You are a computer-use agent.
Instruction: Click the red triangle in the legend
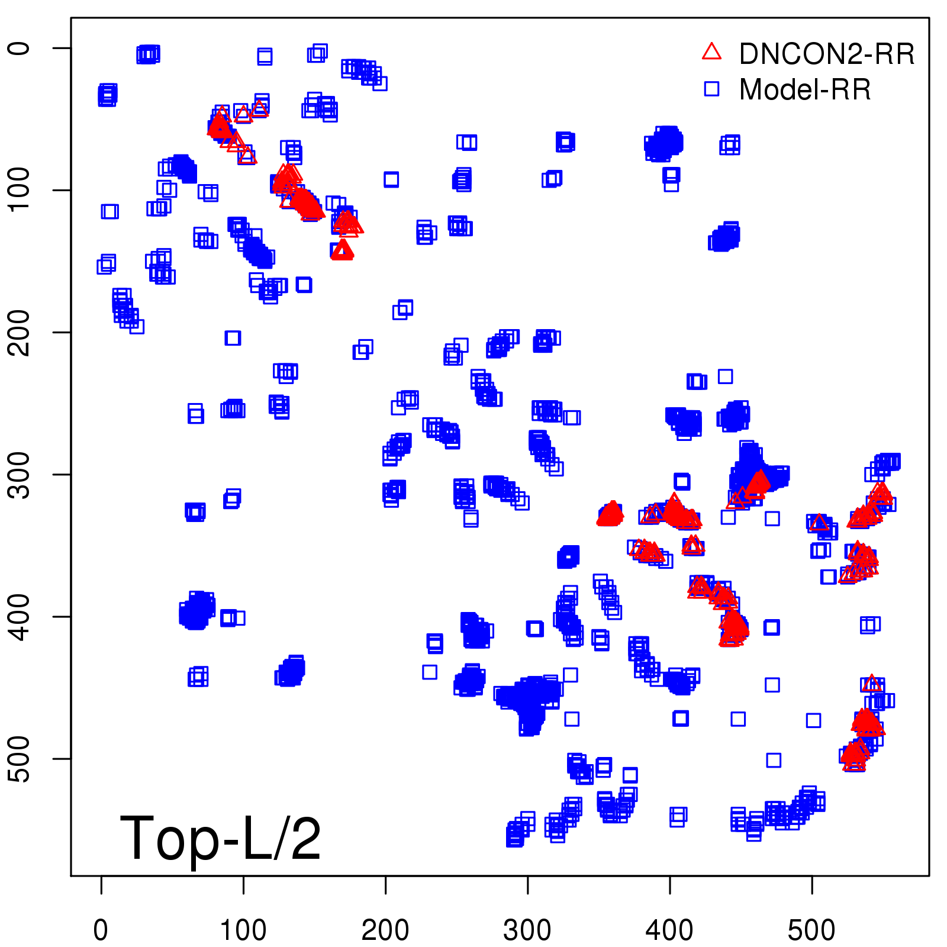click(711, 52)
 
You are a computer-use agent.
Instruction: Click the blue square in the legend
click(711, 89)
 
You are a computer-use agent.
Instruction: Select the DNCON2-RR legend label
click(827, 54)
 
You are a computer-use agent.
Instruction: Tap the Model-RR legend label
click(805, 90)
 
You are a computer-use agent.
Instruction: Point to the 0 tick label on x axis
click(101, 930)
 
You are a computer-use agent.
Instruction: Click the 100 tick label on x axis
click(243, 930)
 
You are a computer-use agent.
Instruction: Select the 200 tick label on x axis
click(385, 930)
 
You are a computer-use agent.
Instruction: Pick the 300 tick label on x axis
click(527, 930)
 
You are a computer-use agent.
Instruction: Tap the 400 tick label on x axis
click(669, 930)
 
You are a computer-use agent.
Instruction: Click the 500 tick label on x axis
click(811, 930)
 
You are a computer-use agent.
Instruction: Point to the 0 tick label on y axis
click(20, 48)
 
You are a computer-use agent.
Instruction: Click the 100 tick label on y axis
click(20, 190)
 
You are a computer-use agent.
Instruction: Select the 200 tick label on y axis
click(20, 332)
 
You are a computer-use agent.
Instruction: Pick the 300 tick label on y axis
click(20, 474)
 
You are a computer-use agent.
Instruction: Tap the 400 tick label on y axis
click(20, 616)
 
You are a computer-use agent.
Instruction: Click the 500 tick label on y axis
click(20, 758)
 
